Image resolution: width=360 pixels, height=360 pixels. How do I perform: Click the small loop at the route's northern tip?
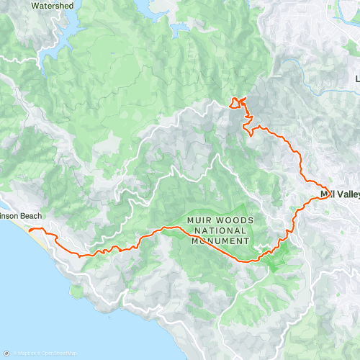tap(237, 102)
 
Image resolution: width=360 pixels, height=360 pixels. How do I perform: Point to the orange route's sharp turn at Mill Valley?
tap(327, 192)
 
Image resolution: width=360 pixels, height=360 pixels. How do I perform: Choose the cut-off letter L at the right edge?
tap(357, 78)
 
